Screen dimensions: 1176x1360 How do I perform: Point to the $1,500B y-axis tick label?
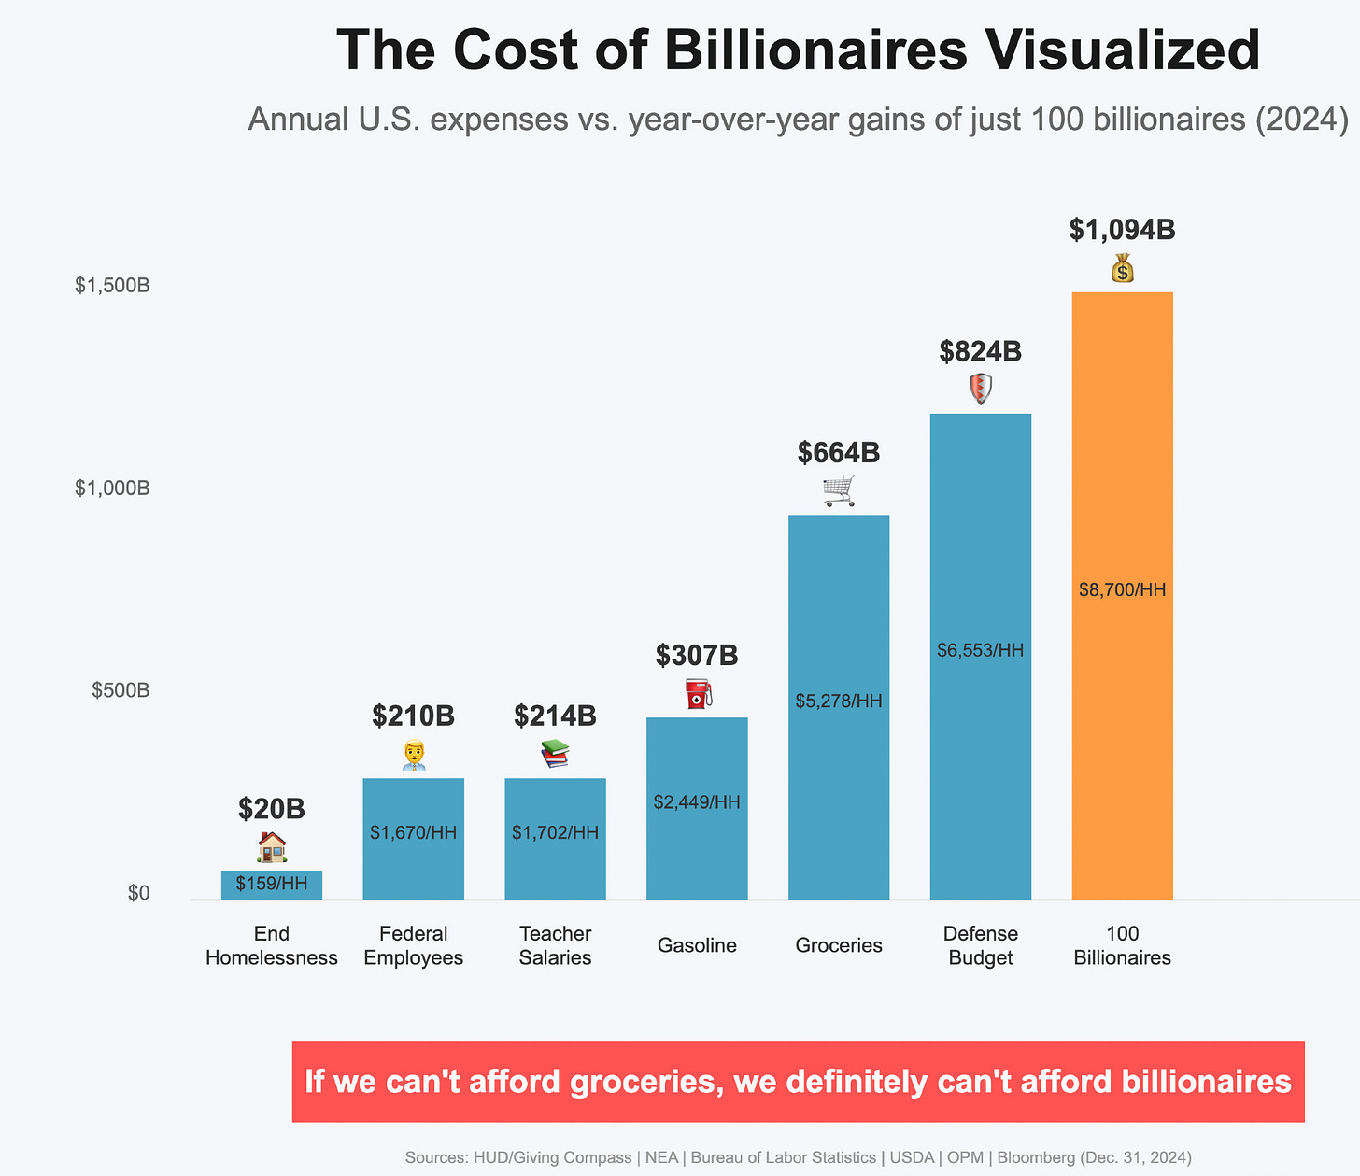112,286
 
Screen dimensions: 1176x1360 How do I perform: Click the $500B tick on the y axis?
120,691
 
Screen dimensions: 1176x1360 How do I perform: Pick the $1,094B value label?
1122,230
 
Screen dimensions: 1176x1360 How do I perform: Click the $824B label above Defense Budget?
980,352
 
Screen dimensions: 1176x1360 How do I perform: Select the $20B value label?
271,809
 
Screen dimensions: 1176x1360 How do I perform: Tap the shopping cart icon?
838,490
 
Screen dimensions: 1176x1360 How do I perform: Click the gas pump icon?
698,694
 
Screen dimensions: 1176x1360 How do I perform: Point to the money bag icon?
1122,268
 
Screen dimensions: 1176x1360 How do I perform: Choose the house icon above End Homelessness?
271,847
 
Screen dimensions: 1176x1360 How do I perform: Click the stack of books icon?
555,753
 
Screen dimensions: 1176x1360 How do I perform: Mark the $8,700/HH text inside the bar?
1122,590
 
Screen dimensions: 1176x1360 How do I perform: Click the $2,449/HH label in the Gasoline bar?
697,802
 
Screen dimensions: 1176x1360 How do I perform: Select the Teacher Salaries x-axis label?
555,945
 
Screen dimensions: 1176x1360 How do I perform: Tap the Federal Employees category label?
413,945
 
